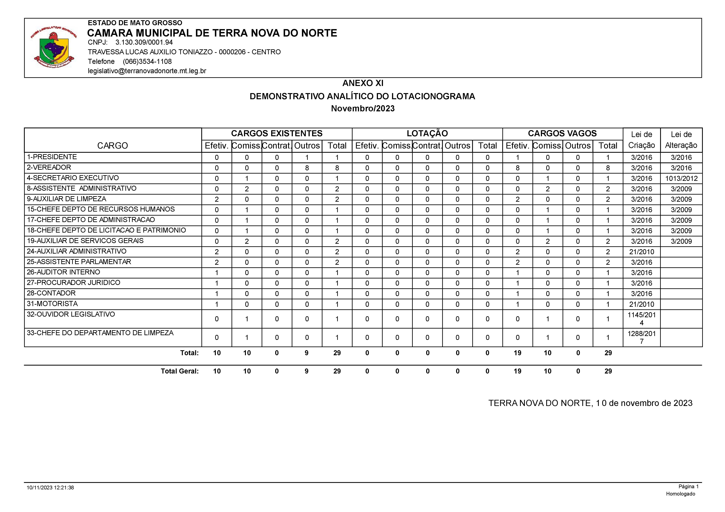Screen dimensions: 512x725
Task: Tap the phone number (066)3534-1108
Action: click(x=147, y=62)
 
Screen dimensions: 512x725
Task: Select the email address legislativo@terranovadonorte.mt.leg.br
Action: click(x=147, y=71)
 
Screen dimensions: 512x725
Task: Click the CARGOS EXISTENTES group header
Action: click(x=277, y=133)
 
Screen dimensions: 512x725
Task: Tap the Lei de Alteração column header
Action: click(x=681, y=140)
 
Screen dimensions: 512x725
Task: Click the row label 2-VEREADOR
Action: click(x=49, y=167)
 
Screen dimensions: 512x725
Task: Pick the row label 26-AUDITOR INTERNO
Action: click(x=63, y=272)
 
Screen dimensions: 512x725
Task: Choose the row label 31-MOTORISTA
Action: click(x=52, y=304)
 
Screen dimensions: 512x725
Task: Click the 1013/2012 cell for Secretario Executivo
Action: click(x=681, y=179)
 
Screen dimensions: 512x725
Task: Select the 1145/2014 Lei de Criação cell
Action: click(x=641, y=319)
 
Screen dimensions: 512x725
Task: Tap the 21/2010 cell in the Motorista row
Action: click(x=641, y=304)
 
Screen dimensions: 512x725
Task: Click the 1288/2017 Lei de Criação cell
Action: click(x=641, y=337)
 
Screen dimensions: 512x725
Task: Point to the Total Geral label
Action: click(x=180, y=371)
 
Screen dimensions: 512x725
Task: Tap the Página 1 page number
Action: click(x=688, y=487)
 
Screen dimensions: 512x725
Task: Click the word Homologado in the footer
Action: click(x=681, y=494)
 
